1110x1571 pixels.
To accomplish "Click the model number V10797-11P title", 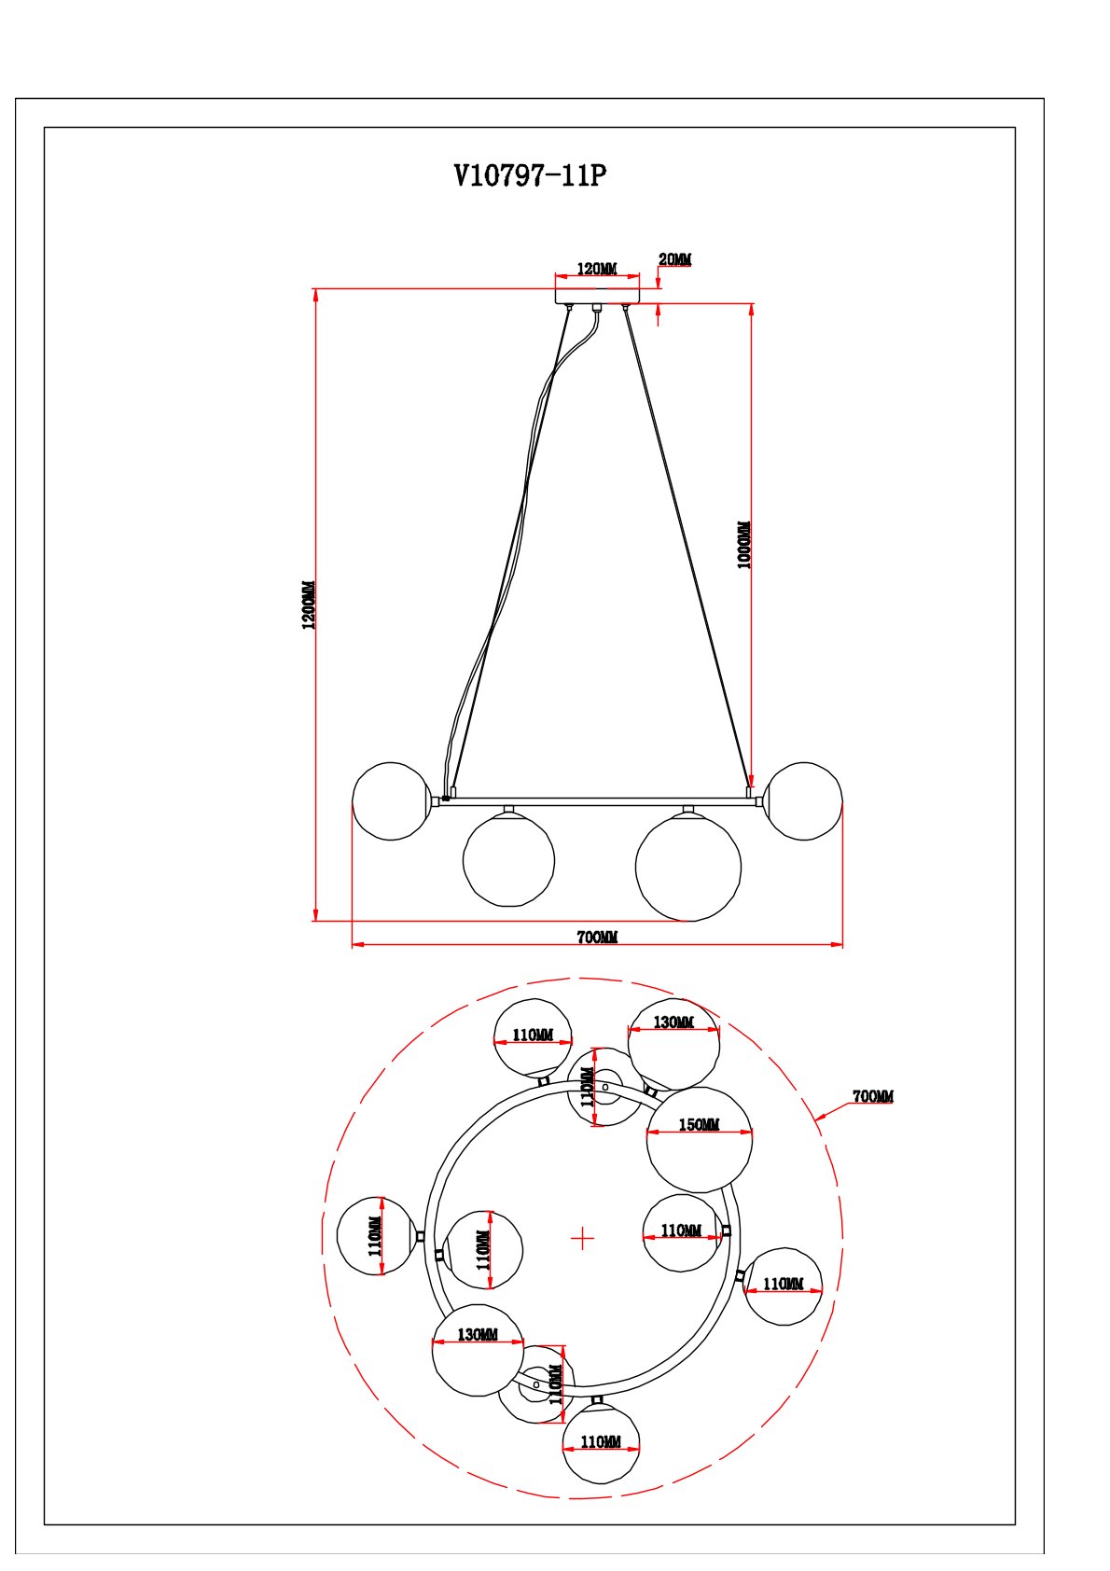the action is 530,175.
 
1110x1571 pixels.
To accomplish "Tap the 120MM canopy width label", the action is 597,269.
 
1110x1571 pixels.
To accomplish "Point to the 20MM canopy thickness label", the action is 674,259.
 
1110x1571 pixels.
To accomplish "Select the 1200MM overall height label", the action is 309,605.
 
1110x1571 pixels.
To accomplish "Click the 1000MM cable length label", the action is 744,545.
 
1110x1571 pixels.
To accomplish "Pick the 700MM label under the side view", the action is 597,937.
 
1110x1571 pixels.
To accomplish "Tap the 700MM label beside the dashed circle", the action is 873,1095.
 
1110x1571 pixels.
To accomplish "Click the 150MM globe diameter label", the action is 699,1124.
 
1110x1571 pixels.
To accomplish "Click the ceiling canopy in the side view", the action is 597,296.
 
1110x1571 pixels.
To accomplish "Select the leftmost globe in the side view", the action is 391,801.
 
